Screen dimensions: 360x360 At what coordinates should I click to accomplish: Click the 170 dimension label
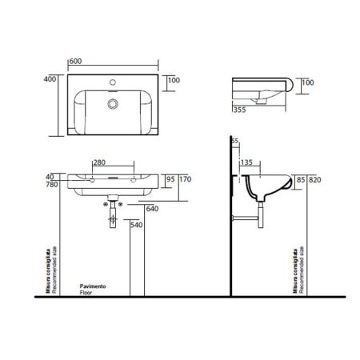185,179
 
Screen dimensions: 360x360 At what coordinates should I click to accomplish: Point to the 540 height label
137,226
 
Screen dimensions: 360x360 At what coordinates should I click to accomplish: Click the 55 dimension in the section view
234,142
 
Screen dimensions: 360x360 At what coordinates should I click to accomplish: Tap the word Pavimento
94,286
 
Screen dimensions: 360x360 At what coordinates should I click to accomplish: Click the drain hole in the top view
110,103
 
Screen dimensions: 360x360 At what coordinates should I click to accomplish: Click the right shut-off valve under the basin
121,203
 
